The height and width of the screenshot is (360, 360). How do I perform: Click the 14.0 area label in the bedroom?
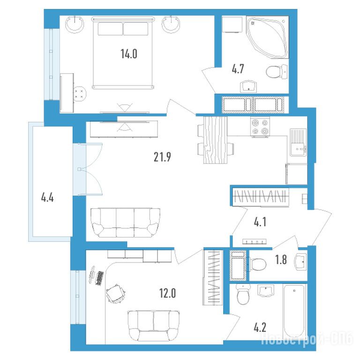[129, 54]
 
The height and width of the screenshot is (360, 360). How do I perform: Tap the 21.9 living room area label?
[162, 157]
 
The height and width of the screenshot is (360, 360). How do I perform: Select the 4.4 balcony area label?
[47, 197]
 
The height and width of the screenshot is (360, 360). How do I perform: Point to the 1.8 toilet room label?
[281, 260]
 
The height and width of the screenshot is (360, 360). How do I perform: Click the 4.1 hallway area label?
[260, 222]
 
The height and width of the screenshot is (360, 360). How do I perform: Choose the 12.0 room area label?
[168, 293]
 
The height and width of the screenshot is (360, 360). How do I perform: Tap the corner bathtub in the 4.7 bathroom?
[268, 37]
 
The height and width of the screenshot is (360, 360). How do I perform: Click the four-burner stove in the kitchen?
[260, 127]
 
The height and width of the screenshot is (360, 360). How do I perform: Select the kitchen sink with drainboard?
[298, 142]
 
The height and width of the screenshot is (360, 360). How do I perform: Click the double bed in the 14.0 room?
[123, 52]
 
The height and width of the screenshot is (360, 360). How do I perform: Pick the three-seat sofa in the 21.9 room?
[125, 223]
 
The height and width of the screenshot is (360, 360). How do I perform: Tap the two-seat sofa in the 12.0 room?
[154, 326]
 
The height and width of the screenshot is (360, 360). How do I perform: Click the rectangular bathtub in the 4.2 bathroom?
[295, 311]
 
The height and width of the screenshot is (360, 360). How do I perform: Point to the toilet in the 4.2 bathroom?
[243, 294]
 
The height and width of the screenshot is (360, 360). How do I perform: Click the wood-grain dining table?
[215, 140]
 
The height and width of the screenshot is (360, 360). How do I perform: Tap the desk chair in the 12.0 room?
[115, 293]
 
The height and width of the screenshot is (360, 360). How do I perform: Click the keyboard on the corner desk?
[99, 278]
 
